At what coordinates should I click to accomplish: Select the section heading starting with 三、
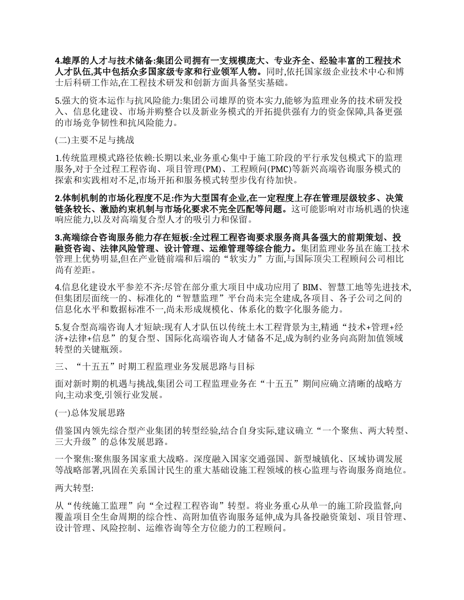pyautogui.click(x=155, y=366)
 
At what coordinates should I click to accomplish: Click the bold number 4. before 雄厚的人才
pyautogui.click(x=58, y=60)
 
